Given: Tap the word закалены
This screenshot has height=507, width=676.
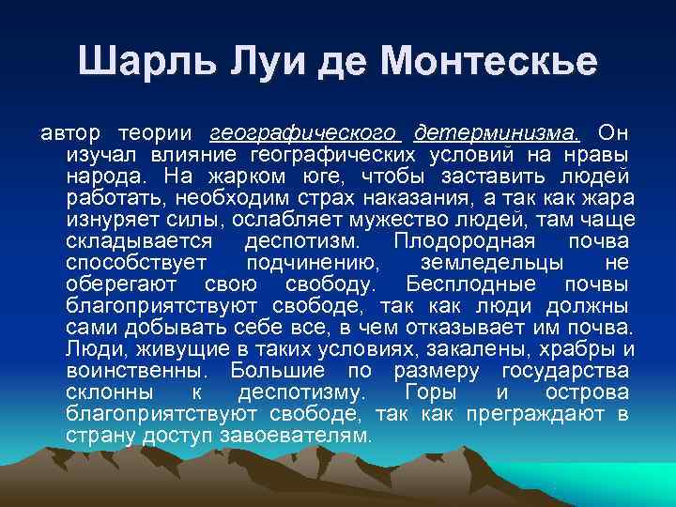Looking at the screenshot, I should [490, 349].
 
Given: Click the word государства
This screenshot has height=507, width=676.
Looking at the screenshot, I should [566, 371].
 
